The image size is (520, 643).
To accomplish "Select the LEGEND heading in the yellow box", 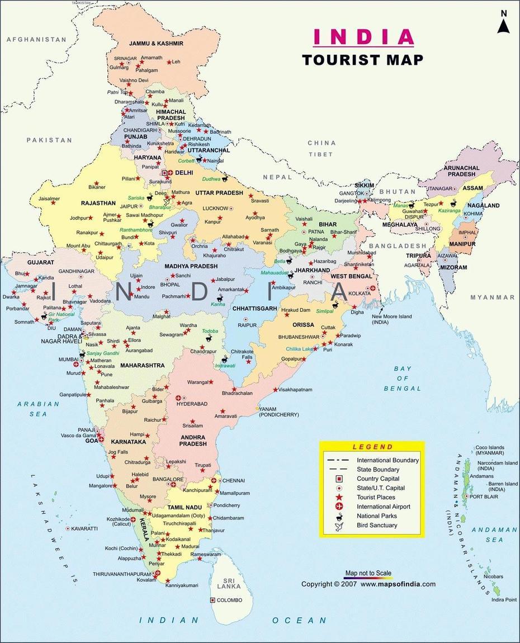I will point(372,447).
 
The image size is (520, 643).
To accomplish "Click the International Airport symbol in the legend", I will point(339,507).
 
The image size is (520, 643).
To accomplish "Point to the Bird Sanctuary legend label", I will point(377,525).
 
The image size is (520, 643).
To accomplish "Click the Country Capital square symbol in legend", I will point(339,479).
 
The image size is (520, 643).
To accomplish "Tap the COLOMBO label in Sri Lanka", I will point(230,600).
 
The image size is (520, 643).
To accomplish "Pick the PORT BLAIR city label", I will point(484,497).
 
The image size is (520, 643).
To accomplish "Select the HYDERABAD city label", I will point(192,404).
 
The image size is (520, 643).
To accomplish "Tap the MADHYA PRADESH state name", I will point(191,266).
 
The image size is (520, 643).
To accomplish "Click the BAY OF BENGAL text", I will point(402,378).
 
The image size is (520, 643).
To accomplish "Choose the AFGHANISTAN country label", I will point(36,40).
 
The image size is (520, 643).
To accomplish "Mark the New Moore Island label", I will point(392,319).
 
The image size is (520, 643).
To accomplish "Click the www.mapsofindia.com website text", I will point(398,584).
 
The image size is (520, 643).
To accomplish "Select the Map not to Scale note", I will point(368,573).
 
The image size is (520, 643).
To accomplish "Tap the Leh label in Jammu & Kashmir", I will point(176,62).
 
